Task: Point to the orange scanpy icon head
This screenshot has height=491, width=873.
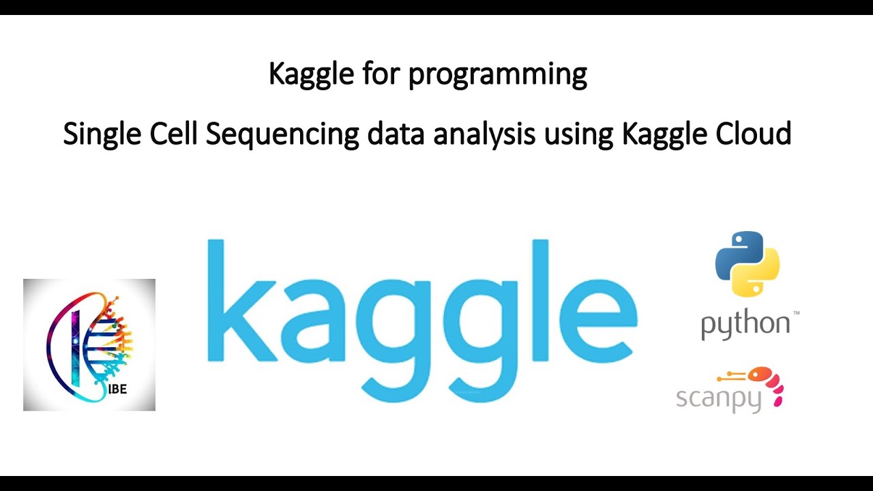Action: [x=760, y=374]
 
